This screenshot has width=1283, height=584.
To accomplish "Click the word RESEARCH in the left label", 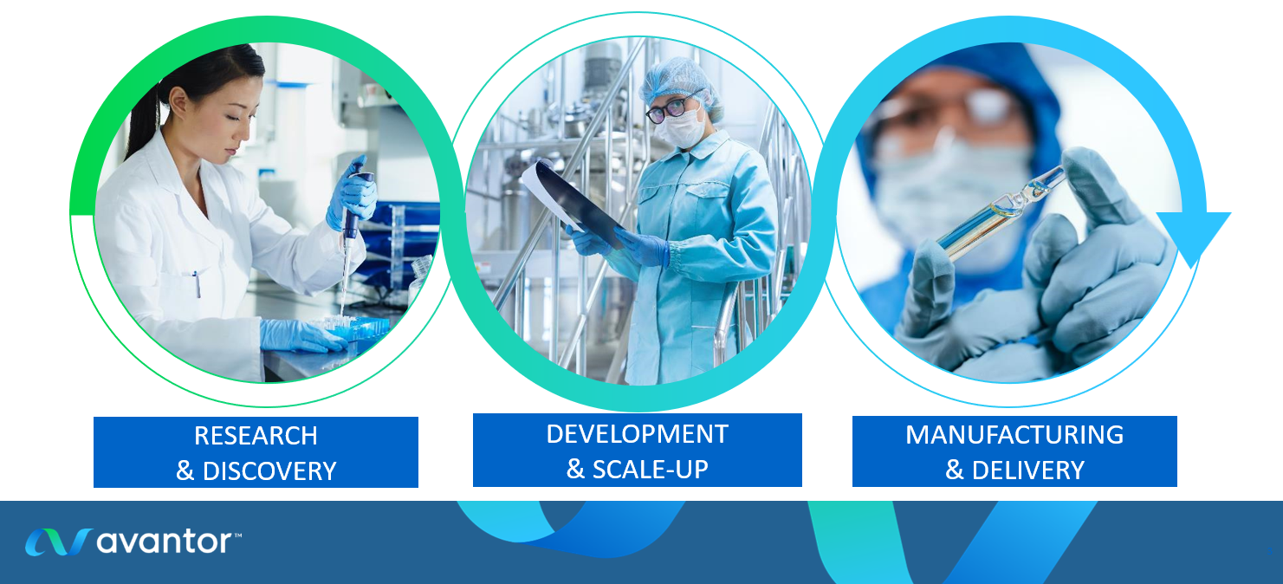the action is pos(256,436).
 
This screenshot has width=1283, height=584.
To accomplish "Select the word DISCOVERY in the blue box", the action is pos(269,471).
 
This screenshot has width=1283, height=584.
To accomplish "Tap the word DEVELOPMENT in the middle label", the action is pos(637,434).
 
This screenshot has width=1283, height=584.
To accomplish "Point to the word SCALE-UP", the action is pos(650,470).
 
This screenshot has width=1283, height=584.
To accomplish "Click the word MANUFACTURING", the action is pos(1014,434).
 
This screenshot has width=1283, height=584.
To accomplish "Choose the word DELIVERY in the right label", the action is pos(1028,470).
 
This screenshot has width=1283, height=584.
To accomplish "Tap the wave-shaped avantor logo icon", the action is pos(58,542).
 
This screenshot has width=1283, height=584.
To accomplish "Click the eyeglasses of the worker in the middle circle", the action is pos(671,108).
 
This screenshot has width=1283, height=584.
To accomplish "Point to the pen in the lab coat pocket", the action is pos(197,284).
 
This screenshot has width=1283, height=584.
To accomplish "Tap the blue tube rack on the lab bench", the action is pos(355,328).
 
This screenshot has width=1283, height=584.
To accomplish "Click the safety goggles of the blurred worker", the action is pos(951,109).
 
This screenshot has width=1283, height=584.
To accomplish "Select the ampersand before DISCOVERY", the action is pos(185,471).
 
